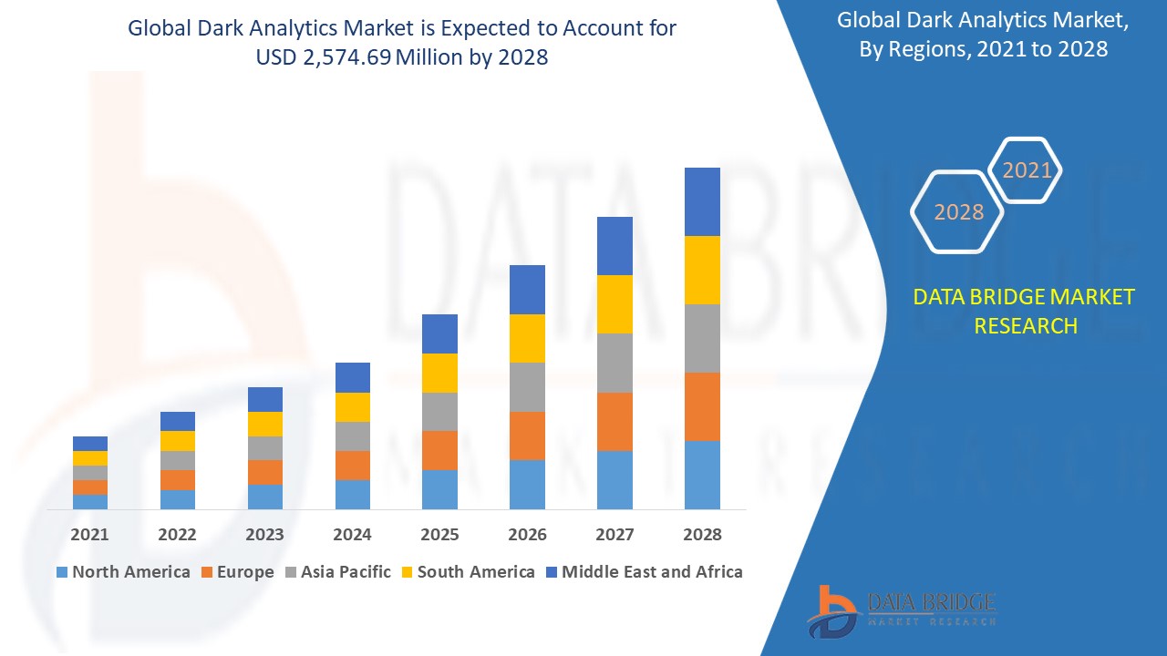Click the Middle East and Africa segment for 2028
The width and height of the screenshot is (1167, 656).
click(702, 201)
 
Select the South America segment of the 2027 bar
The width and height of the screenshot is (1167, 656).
click(614, 304)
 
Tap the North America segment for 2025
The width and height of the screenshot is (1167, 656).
click(439, 489)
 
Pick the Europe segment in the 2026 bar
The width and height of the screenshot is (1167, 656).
click(527, 436)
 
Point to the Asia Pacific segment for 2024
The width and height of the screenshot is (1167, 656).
click(353, 436)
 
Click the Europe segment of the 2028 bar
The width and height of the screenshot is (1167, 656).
click(702, 406)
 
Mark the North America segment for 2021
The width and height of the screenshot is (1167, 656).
click(90, 501)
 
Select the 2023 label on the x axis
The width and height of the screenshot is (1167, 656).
click(264, 535)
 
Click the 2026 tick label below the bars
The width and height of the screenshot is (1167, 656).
click(527, 535)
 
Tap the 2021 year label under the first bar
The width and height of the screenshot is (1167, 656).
click(90, 535)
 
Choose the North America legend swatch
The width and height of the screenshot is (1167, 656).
click(62, 572)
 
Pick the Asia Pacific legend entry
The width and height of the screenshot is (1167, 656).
click(336, 572)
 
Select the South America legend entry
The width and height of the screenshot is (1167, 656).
click(466, 572)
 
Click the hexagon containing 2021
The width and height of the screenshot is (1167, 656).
click(1027, 170)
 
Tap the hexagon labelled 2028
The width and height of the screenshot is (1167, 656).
click(958, 212)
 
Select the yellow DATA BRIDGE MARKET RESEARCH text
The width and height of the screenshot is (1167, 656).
click(1024, 311)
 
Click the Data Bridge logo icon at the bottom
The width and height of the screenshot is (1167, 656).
click(831, 610)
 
